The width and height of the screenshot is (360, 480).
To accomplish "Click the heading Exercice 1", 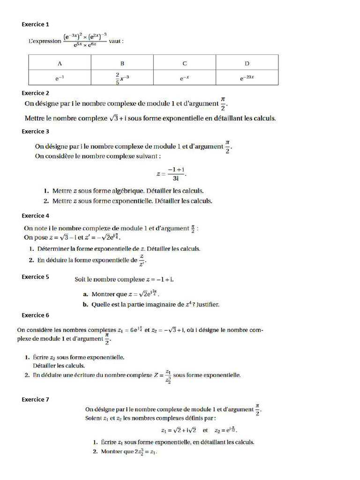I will (35, 24).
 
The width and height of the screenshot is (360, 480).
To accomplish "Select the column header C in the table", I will (185, 63).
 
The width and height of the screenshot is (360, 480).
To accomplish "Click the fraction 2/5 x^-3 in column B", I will (122, 78).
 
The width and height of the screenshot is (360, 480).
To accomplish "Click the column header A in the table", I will (60, 63).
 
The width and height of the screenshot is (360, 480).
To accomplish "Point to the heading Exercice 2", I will (35, 93).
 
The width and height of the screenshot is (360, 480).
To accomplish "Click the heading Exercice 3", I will (35, 131).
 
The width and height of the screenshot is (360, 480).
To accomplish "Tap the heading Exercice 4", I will (35, 216).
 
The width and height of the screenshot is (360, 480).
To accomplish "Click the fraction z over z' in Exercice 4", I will (140, 260).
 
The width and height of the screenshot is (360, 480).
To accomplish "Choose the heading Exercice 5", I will (35, 277).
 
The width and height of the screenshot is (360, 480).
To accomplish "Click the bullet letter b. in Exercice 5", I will (85, 305).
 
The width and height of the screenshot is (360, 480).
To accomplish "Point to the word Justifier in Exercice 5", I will (208, 305).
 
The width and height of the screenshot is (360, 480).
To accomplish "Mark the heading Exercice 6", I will (35, 315).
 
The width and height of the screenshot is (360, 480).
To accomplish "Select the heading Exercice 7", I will (35, 399).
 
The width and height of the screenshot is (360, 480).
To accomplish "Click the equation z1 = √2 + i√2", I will (179, 430).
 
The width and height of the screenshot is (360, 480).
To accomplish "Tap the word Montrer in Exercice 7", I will (112, 452).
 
